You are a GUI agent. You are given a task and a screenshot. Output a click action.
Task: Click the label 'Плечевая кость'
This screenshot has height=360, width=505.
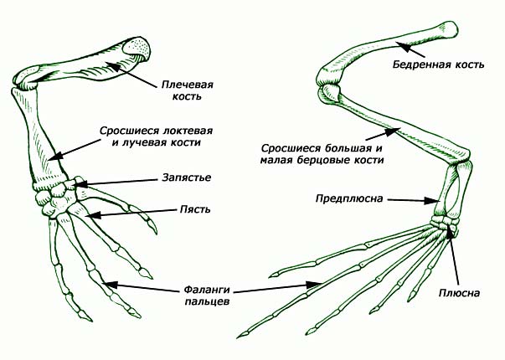[x=187, y=90]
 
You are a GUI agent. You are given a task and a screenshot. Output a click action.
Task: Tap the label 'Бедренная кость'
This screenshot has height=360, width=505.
[x=438, y=64]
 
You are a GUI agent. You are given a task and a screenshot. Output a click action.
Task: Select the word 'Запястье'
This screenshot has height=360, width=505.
[x=187, y=177]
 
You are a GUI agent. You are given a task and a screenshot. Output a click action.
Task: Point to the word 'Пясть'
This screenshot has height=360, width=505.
[x=195, y=209]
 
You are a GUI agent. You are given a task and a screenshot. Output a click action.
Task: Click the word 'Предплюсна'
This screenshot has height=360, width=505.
[x=349, y=198]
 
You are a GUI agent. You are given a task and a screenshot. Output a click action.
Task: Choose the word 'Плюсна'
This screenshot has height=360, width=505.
[x=459, y=293]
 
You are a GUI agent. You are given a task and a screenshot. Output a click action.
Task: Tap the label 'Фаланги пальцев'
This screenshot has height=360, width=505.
[x=207, y=296]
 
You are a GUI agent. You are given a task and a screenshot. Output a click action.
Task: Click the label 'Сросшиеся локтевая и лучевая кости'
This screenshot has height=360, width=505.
[x=157, y=136]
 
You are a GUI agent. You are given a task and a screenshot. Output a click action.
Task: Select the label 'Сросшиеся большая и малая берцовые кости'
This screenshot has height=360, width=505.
[x=322, y=154]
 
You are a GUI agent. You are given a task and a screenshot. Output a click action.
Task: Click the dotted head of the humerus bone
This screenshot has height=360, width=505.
[x=137, y=49]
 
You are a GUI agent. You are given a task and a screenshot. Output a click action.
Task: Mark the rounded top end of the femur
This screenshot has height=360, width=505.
[x=449, y=29]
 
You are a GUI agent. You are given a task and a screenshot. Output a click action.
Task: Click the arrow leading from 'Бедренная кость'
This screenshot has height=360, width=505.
[x=410, y=49]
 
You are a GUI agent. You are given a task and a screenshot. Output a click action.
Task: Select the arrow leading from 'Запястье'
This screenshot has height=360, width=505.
[x=115, y=183]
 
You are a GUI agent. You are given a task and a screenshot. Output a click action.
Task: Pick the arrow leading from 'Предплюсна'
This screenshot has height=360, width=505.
[x=413, y=200]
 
